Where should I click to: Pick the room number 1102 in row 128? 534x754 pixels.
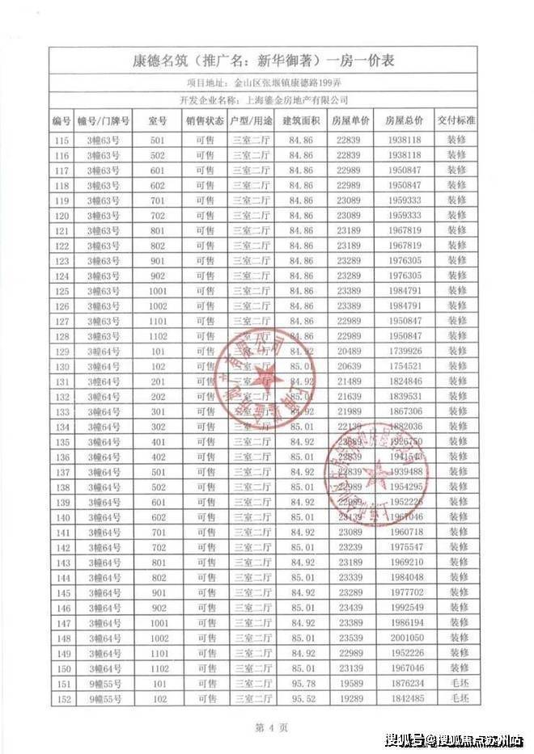pos(158,336)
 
